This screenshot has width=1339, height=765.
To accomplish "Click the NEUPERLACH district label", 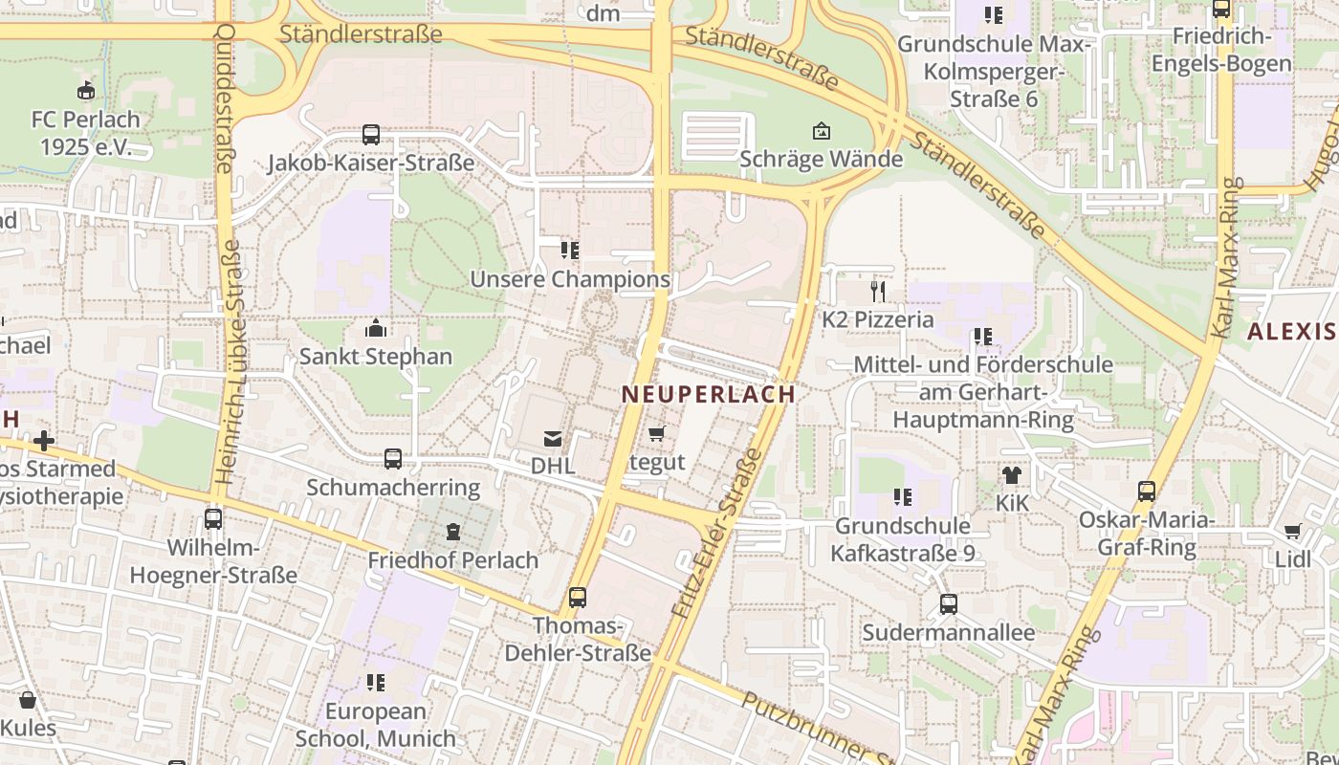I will click(708, 394).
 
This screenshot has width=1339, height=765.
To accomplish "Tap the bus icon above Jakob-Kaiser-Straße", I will click(371, 135).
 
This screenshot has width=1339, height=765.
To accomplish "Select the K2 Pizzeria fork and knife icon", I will click(878, 291).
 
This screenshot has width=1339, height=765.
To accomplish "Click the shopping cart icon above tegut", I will click(657, 434).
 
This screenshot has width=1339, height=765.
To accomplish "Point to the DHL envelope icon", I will click(553, 439).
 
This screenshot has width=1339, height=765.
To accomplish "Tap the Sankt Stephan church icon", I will click(376, 329).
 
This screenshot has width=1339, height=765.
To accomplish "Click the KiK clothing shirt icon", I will click(1012, 474).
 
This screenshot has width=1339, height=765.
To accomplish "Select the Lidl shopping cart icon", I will click(1293, 531).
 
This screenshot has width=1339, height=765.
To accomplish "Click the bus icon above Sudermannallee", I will click(948, 604).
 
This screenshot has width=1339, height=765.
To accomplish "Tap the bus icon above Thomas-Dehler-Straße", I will click(578, 598).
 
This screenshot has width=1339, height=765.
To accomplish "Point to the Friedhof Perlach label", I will click(453, 560).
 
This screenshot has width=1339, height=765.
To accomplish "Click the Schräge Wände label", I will click(822, 159).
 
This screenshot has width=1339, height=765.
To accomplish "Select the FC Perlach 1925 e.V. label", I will click(85, 133).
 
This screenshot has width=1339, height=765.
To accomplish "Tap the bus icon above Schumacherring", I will click(393, 459).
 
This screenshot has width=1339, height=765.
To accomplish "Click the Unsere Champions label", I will click(570, 279).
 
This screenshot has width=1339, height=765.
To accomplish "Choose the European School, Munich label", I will click(376, 725).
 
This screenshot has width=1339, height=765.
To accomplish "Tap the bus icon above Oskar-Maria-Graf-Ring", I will click(1147, 492).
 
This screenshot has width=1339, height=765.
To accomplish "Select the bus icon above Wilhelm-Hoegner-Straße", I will click(213, 519).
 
